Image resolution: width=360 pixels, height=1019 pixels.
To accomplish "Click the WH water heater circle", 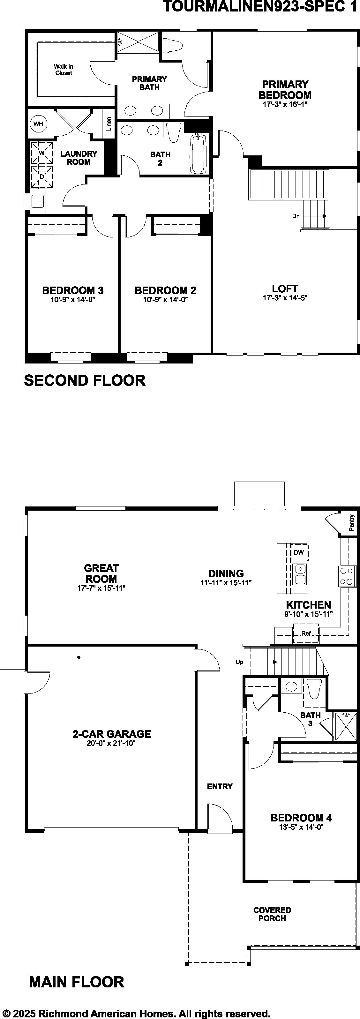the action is coord(38,124).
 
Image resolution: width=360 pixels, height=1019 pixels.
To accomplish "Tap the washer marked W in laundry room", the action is coord(42,153).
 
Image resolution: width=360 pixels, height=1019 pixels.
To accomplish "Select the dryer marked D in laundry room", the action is coord(42,176).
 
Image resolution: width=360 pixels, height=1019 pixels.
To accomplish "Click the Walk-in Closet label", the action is coord(64,70).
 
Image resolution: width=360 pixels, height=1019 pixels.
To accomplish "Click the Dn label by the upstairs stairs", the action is coord(296,216).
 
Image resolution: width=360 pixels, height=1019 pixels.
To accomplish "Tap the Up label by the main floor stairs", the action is coord(239,662).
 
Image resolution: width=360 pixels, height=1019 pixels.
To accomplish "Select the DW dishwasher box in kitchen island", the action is coord(299,552).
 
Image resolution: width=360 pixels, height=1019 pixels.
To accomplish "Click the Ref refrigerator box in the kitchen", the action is coord(306,633).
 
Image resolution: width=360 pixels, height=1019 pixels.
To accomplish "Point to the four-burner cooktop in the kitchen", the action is coord(347,576).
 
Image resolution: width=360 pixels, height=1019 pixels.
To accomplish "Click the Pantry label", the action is coord(352,523).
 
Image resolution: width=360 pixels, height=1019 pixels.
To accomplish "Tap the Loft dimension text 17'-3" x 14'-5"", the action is coord(285,298).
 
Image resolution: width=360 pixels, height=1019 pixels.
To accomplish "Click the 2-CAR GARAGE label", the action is coord(112,734).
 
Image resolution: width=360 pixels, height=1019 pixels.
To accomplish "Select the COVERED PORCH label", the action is coord(272,914).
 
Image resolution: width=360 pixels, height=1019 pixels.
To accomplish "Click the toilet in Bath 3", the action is coord(314,689).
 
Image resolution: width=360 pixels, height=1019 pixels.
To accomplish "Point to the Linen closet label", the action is coord(109,124).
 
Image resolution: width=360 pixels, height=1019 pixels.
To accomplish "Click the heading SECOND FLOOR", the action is coord(85,380).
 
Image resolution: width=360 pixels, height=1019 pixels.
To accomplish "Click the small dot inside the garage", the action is coord(79,657).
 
